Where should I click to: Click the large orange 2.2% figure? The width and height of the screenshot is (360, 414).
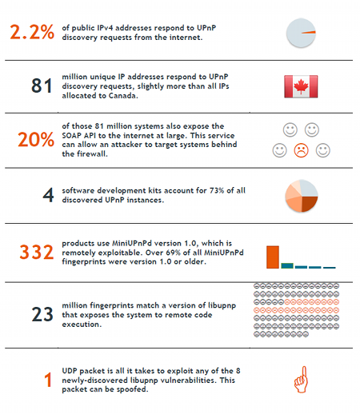tap(32, 32)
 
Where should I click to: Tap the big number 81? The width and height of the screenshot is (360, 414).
tap(42, 86)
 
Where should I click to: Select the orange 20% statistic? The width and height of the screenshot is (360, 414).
tap(36, 139)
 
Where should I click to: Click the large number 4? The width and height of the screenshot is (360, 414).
tap(48, 195)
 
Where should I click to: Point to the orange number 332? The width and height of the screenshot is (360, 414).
tap(37, 252)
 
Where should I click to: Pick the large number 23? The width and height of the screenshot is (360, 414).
tap(42, 314)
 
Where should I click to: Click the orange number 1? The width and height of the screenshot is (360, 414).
tap(48, 380)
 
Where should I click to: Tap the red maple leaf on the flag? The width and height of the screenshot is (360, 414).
tap(301, 86)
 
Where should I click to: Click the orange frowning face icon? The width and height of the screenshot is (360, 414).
tap(301, 150)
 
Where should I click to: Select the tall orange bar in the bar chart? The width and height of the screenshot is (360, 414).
tap(273, 257)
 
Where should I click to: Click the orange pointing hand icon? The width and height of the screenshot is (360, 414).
tap(301, 380)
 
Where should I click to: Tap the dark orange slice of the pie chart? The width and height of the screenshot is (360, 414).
tap(310, 203)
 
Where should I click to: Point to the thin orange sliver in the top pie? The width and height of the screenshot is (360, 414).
tap(309, 33)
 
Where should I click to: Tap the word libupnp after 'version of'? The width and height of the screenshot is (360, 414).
tap(222, 306)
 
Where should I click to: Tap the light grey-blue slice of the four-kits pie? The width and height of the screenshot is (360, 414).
tap(308, 189)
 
